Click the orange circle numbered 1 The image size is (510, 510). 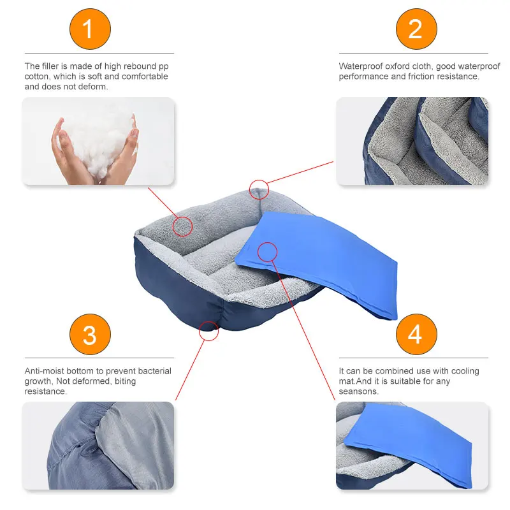(x=89, y=29)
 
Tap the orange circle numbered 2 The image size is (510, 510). (x=416, y=29)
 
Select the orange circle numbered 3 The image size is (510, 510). (x=89, y=334)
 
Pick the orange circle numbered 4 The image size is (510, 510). (x=416, y=334)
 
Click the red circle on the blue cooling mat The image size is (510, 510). (x=267, y=252)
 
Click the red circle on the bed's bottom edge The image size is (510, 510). (x=208, y=330)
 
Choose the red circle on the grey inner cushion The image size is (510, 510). (x=183, y=226)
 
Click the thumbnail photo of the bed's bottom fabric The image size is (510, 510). (x=98, y=445)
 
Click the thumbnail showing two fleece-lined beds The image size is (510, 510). (x=412, y=141)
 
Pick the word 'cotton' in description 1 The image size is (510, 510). (x=36, y=76)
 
